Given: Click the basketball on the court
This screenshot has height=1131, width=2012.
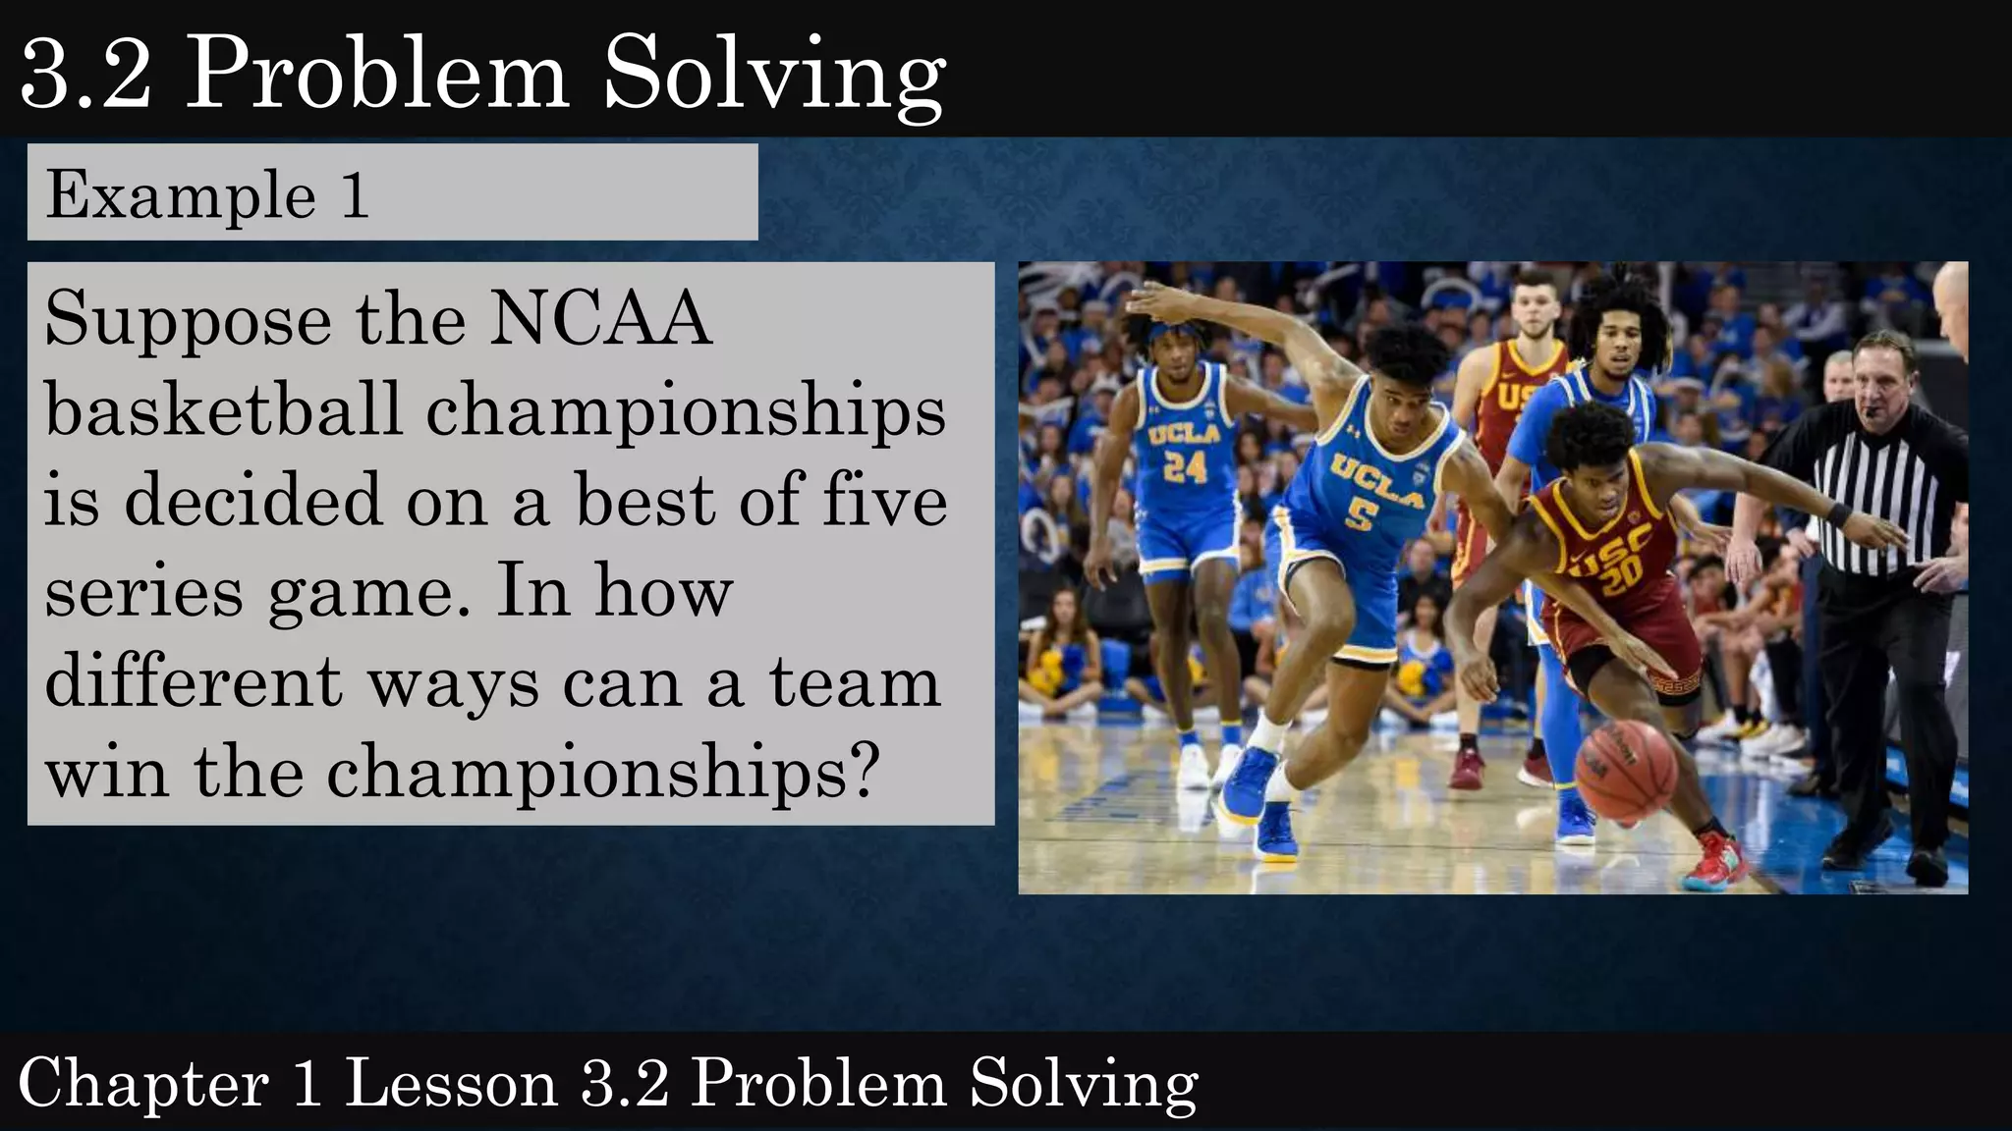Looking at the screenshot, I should pyautogui.click(x=1627, y=772).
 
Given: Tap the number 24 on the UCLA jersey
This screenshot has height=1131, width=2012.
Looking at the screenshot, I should pyautogui.click(x=1185, y=467).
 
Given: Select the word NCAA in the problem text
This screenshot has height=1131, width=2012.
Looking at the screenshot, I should pyautogui.click(x=600, y=319).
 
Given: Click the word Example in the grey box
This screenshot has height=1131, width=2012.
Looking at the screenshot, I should pyautogui.click(x=181, y=194).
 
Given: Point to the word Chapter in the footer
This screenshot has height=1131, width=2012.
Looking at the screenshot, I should pyautogui.click(x=143, y=1084).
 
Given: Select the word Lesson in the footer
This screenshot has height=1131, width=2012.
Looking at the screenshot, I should pyautogui.click(x=451, y=1084).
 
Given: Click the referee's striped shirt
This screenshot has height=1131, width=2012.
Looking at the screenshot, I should pyautogui.click(x=1874, y=491).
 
